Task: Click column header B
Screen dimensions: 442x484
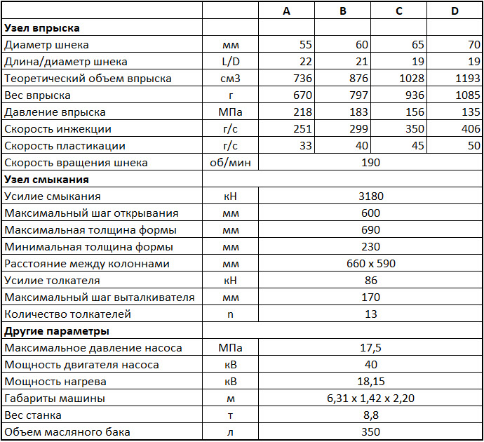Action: coord(342,11)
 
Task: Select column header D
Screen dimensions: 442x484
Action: coord(455,11)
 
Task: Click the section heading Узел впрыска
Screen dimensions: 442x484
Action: coord(42,28)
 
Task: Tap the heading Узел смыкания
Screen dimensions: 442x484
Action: coord(44,180)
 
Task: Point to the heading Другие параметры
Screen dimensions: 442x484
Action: coord(57,331)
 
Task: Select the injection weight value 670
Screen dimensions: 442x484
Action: coord(300,95)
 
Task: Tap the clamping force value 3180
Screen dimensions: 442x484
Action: coord(371,196)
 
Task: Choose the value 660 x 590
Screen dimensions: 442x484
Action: coord(371,264)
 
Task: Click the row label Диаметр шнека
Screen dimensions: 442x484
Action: coord(46,45)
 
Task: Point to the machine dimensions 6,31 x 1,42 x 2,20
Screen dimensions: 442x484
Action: coord(371,399)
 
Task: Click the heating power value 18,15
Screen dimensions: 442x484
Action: coord(371,382)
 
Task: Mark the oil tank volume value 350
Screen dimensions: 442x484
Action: coord(371,432)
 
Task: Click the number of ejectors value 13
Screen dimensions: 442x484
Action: coord(371,314)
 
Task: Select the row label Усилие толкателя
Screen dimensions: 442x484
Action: coord(52,281)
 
